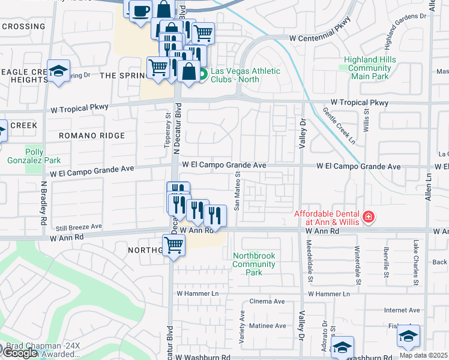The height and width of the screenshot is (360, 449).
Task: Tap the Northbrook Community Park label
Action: [254, 264]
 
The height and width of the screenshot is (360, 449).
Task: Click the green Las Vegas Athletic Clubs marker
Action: [203, 75]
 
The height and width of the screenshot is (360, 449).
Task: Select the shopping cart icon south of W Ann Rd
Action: [173, 244]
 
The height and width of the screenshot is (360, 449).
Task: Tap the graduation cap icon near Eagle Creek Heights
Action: [59, 71]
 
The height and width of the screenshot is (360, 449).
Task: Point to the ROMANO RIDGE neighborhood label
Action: [92, 136]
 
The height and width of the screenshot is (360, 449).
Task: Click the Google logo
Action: [19, 352]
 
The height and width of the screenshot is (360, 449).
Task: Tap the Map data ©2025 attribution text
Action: [423, 355]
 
